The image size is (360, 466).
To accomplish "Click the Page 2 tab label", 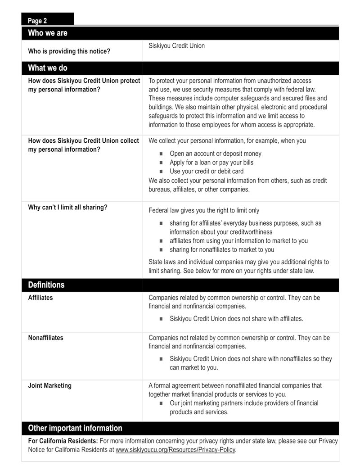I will coord(37,21).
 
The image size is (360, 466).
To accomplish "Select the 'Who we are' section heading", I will coord(48,33).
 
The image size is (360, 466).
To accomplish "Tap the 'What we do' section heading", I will coord(48,68).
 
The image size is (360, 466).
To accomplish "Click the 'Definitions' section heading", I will coord(46,285).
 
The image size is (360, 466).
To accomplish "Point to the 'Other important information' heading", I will coord(75,428).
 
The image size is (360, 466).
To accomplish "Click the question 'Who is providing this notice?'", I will coord(69,51).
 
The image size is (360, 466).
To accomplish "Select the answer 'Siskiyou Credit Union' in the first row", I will coord(176,45).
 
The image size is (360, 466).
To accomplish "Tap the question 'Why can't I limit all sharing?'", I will coord(67,208).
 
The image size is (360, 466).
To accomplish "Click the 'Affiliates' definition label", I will coord(40,298).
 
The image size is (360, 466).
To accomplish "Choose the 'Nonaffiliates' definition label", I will coord(45,338).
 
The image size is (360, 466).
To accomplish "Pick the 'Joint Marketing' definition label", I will coord(49,385).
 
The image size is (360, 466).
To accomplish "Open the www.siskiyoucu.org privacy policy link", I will coord(175,449).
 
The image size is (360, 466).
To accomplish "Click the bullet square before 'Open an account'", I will coord(161,154).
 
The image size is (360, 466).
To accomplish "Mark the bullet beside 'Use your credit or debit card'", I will coord(161,172).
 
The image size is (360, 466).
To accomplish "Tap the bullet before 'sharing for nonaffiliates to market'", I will coord(161,250).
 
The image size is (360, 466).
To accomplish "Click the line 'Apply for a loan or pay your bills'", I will coord(211,163).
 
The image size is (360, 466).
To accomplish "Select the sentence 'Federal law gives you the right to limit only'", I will coord(204,210).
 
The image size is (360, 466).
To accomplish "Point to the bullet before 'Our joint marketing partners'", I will coord(161,403).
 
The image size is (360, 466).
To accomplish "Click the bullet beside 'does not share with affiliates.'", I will coord(161,319).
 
